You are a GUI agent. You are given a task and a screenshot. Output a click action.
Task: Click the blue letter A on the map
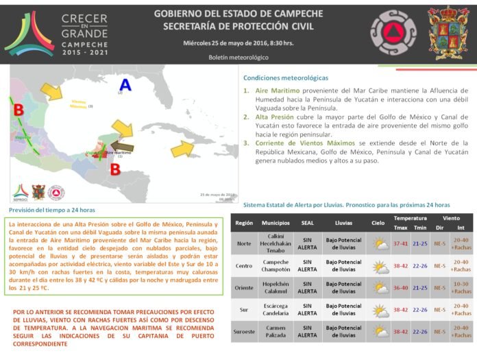tap(124, 84)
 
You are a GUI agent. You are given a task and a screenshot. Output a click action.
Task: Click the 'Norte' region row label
tap(244, 243)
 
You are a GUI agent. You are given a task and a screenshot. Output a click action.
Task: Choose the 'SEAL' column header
tap(308, 223)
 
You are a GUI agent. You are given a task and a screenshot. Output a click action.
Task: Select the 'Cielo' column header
tap(378, 223)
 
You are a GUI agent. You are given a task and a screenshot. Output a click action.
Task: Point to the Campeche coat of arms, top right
tap(448, 32)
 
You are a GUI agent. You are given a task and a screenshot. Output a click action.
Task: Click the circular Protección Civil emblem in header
tap(393, 32)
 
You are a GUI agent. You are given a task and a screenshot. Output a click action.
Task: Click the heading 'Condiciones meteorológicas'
tap(286, 78)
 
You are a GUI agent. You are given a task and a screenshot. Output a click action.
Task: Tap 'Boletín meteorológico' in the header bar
tap(238, 58)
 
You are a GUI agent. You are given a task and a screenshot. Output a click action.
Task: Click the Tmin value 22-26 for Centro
tap(421, 265)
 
